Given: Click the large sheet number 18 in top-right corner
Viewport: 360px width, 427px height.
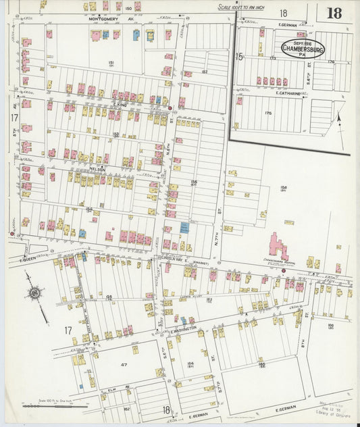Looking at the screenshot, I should coord(333,13).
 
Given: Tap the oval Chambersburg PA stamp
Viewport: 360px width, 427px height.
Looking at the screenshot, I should coord(303,49).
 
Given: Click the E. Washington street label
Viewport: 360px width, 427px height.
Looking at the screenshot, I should coord(182,329).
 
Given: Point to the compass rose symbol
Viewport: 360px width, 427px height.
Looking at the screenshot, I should coord(34,294).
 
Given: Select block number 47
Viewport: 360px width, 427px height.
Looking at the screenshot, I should coord(105,364).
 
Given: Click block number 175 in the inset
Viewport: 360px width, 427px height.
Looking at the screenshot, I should coord(268,113).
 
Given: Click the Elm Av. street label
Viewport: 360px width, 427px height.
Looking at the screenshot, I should coord(112,389).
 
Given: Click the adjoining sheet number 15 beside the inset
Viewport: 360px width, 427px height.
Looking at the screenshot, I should coord(238,57).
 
